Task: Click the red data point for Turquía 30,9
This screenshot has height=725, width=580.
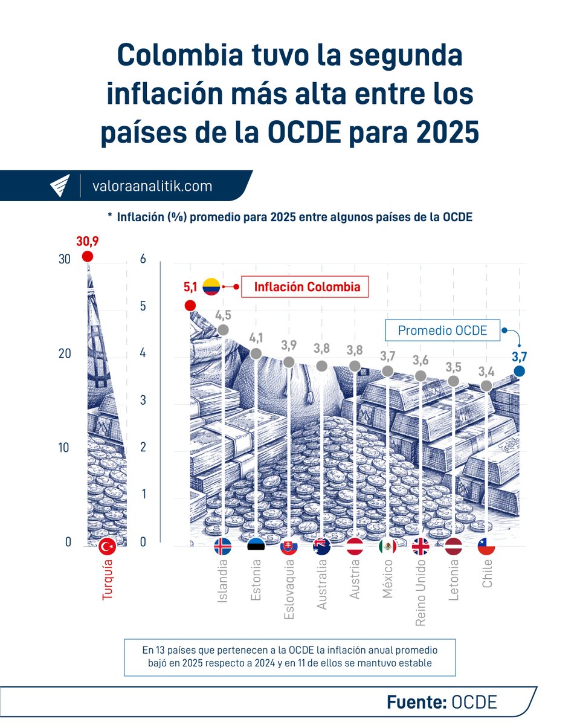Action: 88,257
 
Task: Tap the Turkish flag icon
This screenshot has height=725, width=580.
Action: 108,547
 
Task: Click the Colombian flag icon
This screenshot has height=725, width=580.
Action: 211,286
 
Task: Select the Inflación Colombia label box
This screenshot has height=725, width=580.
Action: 305,286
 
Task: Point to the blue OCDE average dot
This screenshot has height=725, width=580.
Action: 519,371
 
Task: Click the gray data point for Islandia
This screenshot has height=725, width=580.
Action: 223,330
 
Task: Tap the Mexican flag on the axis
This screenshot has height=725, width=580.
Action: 387,547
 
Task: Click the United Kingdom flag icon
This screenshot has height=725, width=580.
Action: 420,547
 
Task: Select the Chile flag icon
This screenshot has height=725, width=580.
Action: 486,547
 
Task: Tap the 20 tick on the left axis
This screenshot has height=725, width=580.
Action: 65,353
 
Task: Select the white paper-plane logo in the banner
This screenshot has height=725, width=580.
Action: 60,185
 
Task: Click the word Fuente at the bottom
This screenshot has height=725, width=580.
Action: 416,702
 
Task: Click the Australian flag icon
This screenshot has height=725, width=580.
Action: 321,547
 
